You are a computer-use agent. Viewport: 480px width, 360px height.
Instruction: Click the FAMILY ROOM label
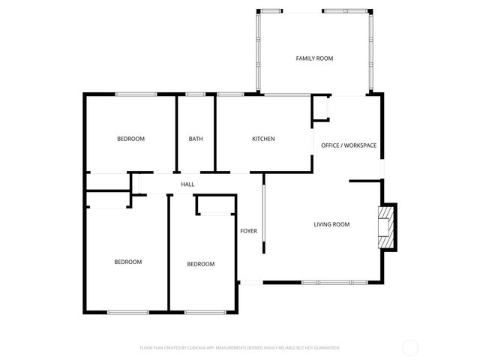tap(314, 58)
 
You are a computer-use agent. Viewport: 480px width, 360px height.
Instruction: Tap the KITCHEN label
tap(262, 139)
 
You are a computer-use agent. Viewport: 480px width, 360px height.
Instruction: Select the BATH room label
tap(195, 139)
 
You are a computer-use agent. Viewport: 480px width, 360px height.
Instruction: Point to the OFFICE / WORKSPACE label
tap(349, 145)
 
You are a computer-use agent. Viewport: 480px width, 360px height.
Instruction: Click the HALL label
tap(187, 184)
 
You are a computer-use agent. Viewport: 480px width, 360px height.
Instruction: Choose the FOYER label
tap(248, 231)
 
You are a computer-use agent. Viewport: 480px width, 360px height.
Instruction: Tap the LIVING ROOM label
tap(331, 224)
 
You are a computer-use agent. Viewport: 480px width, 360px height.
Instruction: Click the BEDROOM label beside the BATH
tap(130, 139)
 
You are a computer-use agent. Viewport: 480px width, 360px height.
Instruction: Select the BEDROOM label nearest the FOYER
tap(200, 264)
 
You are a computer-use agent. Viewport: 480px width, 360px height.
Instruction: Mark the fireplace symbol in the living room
tap(385, 226)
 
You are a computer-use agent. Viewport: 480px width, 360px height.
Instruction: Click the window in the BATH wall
tap(195, 94)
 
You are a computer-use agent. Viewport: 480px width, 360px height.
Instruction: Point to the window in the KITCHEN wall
tap(229, 94)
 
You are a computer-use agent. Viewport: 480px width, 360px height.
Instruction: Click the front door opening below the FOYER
tap(250, 283)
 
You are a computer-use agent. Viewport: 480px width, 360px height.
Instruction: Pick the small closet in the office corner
tap(320, 108)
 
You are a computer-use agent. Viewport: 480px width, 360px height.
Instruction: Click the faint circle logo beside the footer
tap(410, 347)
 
